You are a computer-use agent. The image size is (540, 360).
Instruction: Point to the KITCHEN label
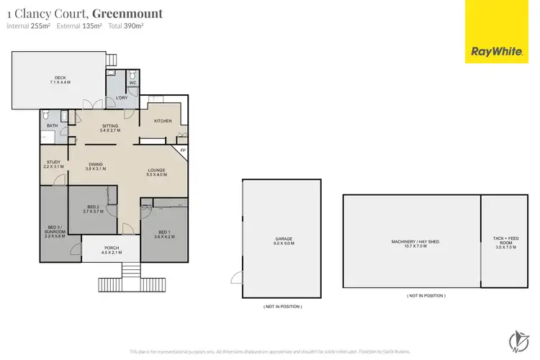(x=163, y=121)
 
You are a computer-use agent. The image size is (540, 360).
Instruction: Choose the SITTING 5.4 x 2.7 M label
(x=109, y=128)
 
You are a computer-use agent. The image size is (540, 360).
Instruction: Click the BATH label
(x=52, y=126)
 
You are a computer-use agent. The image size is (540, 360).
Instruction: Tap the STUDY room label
(x=53, y=164)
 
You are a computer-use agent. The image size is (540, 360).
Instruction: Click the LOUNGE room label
(x=156, y=172)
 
